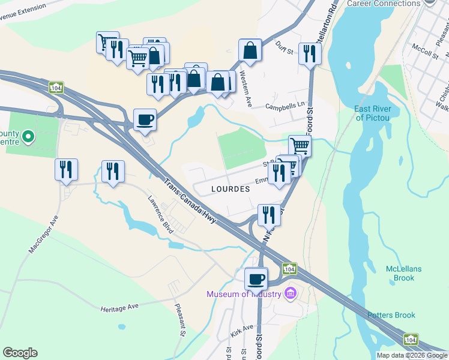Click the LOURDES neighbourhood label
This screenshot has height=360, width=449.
[231, 188]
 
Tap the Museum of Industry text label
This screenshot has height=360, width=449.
[244, 294]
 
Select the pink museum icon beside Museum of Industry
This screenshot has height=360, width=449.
[291, 293]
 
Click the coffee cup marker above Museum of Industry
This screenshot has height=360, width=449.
[256, 279]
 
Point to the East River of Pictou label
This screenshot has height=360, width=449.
[373, 113]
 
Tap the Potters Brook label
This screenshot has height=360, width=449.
[391, 315]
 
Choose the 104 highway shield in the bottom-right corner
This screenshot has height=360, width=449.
[411, 340]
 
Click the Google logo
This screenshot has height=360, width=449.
[20, 353]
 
